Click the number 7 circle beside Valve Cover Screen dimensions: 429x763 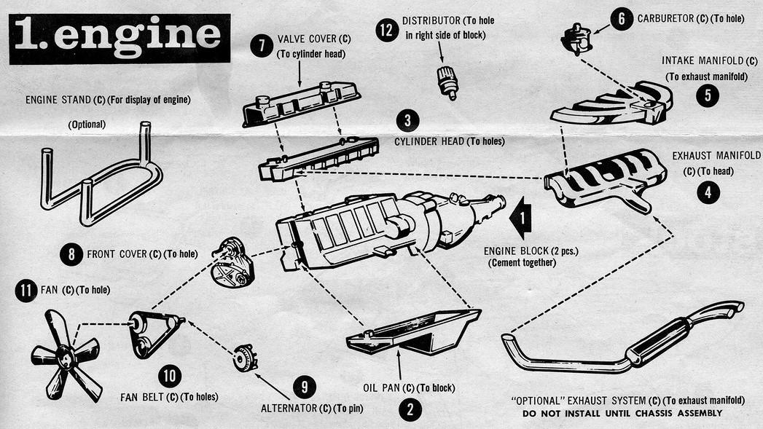(261, 45)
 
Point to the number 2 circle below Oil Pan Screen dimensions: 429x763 (410, 409)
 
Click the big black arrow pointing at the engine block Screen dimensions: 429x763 (521, 221)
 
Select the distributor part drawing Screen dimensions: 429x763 (446, 82)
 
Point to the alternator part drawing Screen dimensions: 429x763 (245, 358)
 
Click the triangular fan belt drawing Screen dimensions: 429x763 (154, 333)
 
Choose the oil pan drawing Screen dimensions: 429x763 (413, 333)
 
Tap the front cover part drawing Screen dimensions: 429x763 (232, 261)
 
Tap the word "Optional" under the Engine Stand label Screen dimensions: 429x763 (87, 125)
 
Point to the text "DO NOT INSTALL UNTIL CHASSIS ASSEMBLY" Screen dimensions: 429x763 (622, 413)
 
